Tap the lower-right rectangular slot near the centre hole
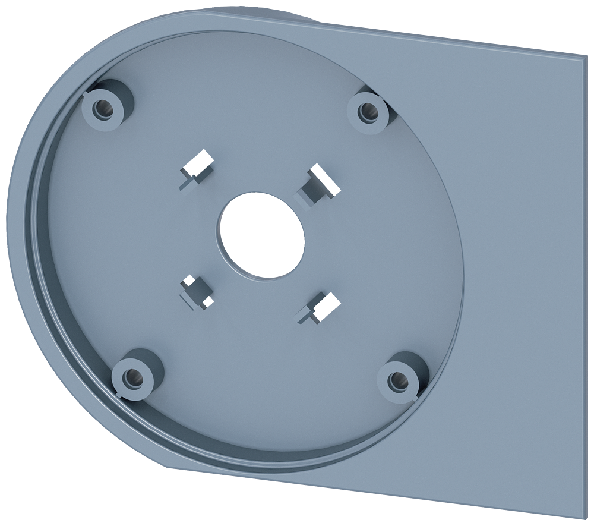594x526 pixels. coord(321,304)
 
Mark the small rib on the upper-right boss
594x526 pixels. coord(386,99)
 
